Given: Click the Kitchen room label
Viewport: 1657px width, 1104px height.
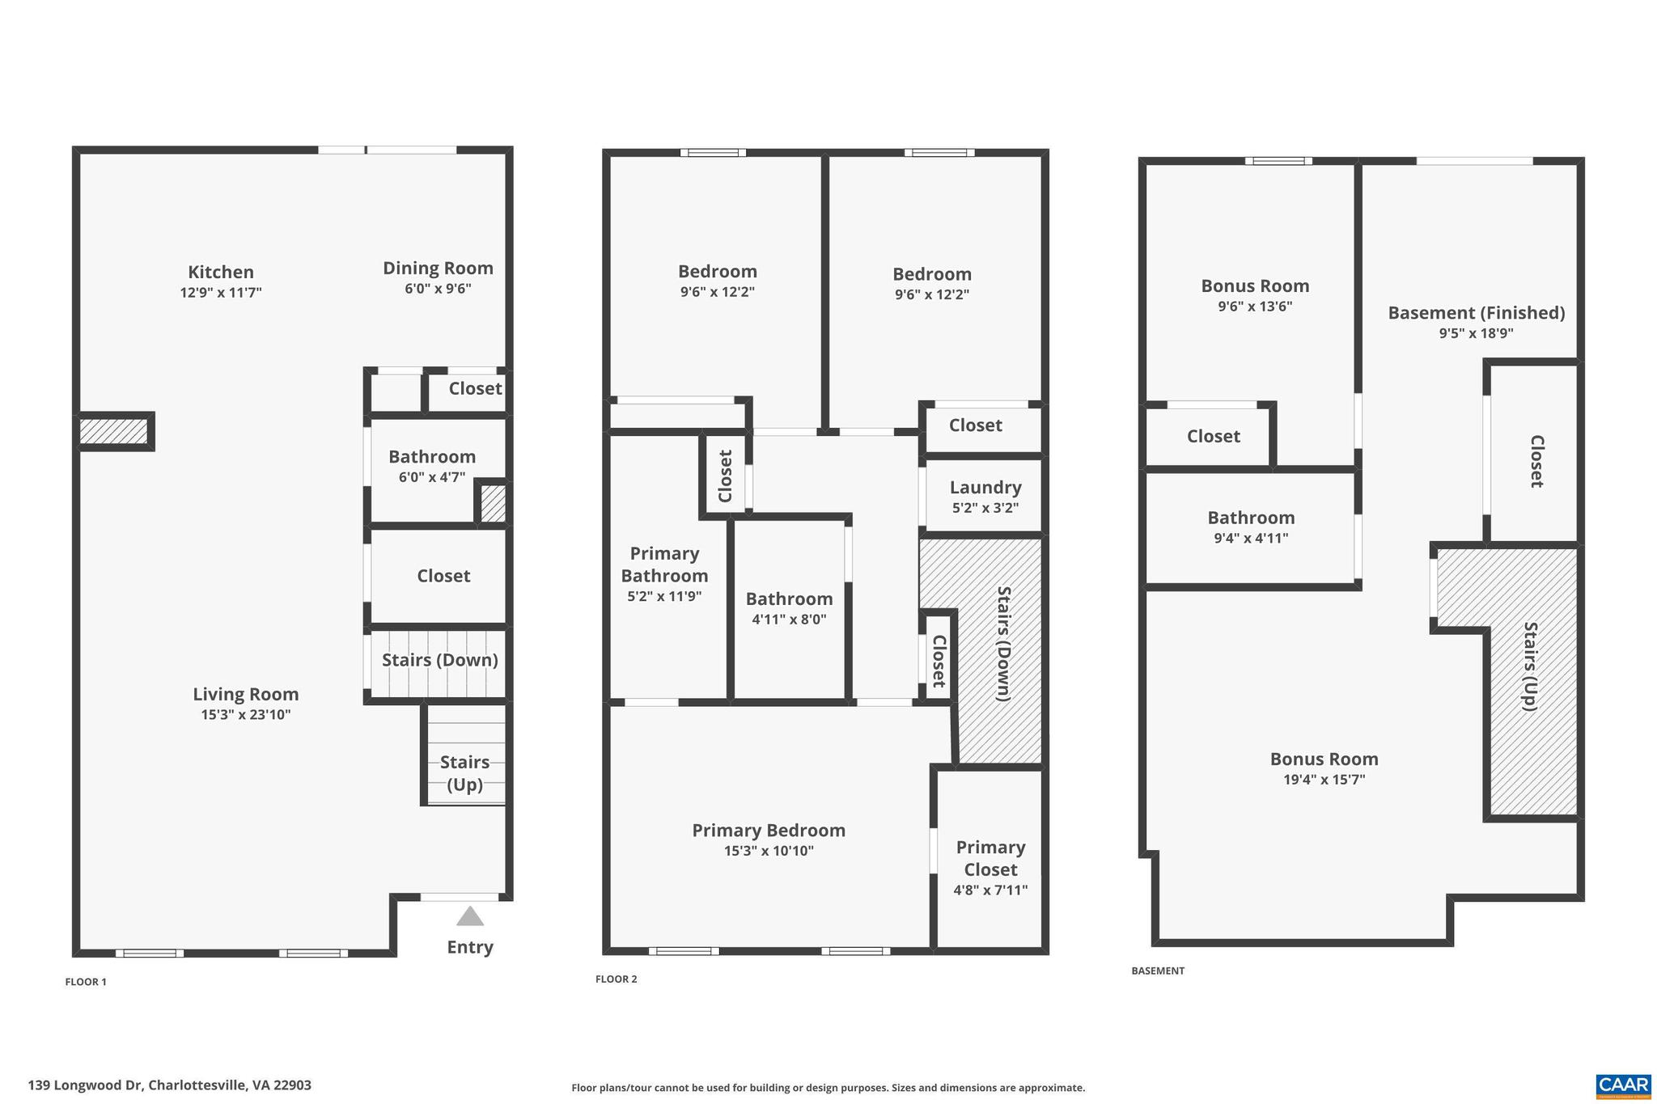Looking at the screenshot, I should coord(220,273).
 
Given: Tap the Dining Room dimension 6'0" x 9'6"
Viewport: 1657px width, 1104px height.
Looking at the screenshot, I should coord(438,289).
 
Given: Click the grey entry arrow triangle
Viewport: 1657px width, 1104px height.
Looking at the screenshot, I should coord(470,916).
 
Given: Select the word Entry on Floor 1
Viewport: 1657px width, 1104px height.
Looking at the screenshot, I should coord(470,947).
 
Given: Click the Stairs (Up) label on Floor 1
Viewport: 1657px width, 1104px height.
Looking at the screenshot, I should coord(464,773).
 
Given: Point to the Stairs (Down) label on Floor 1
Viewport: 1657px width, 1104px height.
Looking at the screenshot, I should coord(439,660).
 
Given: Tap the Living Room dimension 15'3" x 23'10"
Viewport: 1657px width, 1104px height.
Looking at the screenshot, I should coord(245,715).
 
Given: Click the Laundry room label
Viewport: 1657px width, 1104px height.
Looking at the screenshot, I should coord(985,488).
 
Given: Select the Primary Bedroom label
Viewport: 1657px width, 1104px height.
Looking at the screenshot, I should coord(769,831).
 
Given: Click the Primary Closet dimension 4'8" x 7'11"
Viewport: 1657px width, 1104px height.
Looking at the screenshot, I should coord(990,890).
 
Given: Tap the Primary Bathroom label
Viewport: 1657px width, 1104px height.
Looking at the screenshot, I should coord(664,565).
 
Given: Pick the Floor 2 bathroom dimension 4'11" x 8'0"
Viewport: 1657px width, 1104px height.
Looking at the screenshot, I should coord(789,620).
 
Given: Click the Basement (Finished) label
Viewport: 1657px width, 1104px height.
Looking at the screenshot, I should coord(1476,313).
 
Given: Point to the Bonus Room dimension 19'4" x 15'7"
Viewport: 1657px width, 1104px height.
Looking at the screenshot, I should coord(1324,780).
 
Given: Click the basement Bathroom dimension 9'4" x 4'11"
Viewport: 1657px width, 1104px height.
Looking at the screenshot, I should coord(1251,539).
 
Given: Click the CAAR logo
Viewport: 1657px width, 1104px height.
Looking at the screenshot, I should coord(1623,1085).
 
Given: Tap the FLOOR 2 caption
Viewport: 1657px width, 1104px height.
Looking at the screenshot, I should coord(616,979).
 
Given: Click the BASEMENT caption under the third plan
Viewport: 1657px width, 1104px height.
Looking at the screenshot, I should coord(1157,971).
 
